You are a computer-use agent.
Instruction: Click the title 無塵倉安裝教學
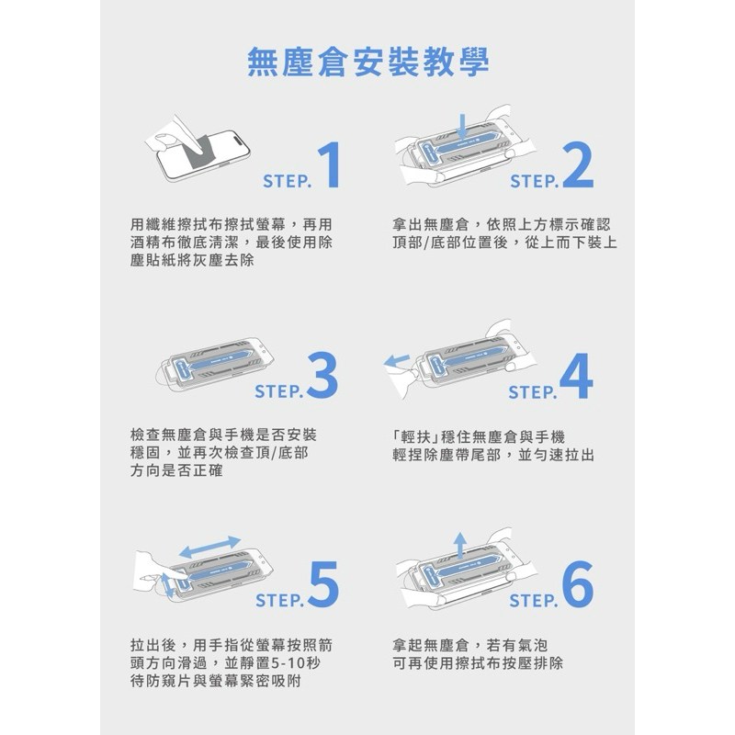pyautogui.click(x=368, y=62)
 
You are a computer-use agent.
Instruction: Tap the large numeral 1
pyautogui.click(x=330, y=165)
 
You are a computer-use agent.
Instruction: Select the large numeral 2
pyautogui.click(x=578, y=165)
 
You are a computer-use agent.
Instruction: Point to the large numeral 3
pyautogui.click(x=323, y=376)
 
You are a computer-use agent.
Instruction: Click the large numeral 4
pyautogui.click(x=577, y=376)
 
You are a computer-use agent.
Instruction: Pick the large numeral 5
pyautogui.click(x=324, y=584)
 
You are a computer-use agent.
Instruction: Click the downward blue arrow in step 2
pyautogui.click(x=462, y=126)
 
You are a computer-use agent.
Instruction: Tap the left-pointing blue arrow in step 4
pyautogui.click(x=397, y=361)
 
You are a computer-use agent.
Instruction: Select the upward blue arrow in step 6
pyautogui.click(x=460, y=545)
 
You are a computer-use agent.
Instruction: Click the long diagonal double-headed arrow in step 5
pyautogui.click(x=210, y=547)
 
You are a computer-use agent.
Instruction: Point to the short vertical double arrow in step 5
pyautogui.click(x=167, y=585)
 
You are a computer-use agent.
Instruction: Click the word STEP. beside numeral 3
pyautogui.click(x=279, y=391)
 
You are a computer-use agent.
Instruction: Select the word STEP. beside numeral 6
pyautogui.click(x=534, y=601)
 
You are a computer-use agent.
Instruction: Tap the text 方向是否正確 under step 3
pyautogui.click(x=176, y=470)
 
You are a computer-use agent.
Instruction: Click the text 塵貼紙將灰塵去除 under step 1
pyautogui.click(x=192, y=260)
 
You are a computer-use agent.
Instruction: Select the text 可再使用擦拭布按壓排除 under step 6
pyautogui.click(x=478, y=663)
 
